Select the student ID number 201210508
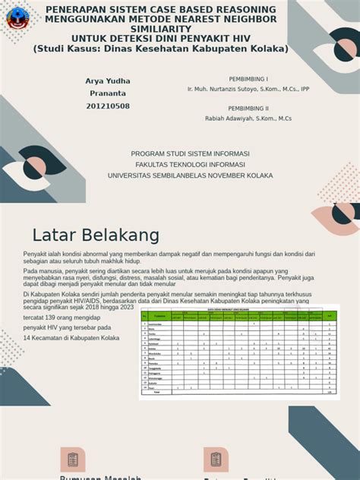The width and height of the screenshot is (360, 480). coord(108,106)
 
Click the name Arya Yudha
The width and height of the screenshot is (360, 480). coord(108,81)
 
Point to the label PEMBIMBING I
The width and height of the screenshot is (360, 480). coord(248,79)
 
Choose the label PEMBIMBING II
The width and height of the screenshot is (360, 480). coord(248,109)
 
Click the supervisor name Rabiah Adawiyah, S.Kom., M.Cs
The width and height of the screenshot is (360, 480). coord(248,118)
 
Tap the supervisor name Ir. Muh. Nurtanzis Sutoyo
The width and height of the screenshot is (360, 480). coord(228,89)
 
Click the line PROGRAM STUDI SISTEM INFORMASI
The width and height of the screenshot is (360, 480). coord(190,153)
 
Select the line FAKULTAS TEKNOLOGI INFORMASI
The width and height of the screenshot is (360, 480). coord(190,164)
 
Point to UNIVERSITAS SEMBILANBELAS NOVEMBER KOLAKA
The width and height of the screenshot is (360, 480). coord(190,175)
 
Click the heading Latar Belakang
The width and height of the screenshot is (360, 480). coord(96,233)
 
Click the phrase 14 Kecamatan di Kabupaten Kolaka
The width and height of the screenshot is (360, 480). coord(71,338)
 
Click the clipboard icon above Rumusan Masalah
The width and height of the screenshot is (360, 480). coord(73,459)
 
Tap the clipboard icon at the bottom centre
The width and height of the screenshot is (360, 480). coord(216,459)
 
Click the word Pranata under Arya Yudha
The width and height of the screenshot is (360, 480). coord(108,93)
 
